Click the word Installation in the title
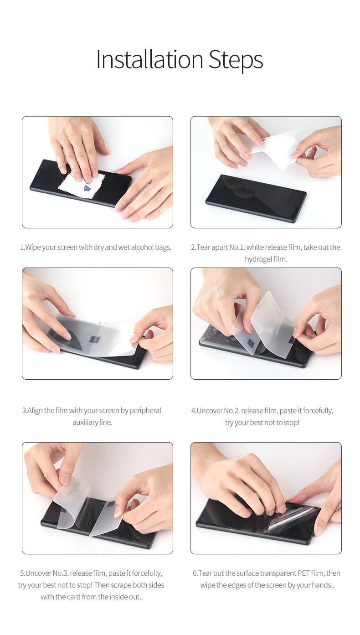click(149, 59)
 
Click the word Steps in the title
click(236, 61)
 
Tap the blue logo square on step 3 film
click(94, 340)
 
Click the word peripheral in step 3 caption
click(145, 410)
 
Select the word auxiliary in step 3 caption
click(83, 423)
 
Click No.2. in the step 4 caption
click(232, 411)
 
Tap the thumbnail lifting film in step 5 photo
click(66, 479)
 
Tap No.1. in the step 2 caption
click(237, 247)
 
